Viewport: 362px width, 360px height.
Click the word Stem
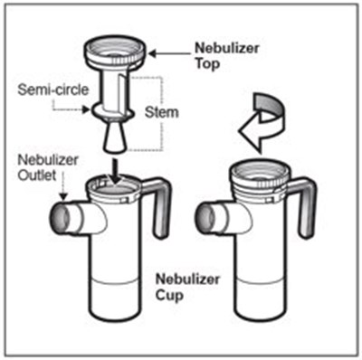[162, 112]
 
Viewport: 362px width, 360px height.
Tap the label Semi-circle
[53, 90]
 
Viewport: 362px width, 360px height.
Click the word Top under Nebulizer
[207, 64]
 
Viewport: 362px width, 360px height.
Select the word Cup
[169, 294]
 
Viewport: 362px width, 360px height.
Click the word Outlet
[37, 175]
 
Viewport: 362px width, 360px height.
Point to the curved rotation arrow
[262, 120]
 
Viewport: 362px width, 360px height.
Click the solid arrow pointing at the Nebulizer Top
[170, 54]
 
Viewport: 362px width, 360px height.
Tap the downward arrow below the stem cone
[115, 171]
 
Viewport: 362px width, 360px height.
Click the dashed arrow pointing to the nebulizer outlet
[62, 185]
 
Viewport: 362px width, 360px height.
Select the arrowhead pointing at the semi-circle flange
[87, 109]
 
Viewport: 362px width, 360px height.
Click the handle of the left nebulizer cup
[158, 205]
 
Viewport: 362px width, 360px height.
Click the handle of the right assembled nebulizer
[302, 205]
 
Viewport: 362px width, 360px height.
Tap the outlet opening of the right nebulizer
[205, 218]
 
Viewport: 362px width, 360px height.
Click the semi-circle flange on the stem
[113, 112]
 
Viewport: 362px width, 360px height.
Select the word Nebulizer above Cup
[187, 279]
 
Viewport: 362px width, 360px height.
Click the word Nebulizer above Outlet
[48, 160]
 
